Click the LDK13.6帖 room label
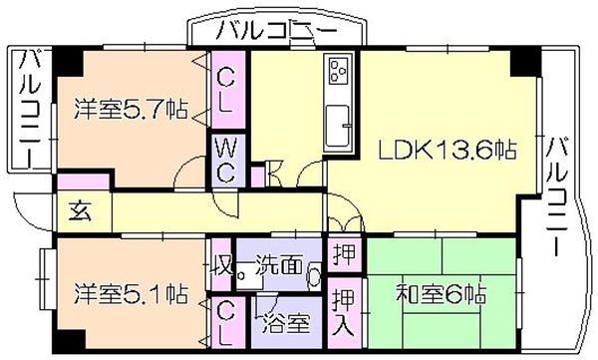447,150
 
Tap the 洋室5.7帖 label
131,109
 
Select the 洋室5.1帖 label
131,293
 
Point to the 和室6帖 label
442,293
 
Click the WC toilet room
228,161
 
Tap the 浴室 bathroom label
286,323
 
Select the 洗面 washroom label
279,264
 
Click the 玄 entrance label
80,211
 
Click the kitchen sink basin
338,126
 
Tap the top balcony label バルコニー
276,31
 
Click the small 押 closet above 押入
345,253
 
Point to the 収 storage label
222,264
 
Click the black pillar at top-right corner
525,61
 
